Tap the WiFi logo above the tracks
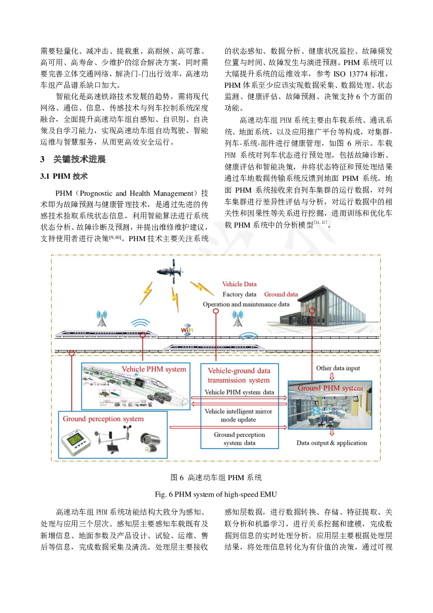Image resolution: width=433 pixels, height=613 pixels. [x=187, y=330]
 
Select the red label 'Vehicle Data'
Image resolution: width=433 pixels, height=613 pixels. [x=239, y=284]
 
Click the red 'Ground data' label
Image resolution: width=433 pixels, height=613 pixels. [x=281, y=294]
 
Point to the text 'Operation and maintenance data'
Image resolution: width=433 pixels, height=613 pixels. [x=246, y=304]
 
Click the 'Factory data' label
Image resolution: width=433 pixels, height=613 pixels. [x=239, y=294]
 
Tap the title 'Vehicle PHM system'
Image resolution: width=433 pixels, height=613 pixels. [x=154, y=369]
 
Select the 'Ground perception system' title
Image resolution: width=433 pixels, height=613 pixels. [x=103, y=419]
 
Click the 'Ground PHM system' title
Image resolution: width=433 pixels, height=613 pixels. [x=330, y=388]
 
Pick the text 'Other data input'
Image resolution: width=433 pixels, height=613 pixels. [x=338, y=368]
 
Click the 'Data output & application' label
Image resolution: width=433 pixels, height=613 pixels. [x=332, y=443]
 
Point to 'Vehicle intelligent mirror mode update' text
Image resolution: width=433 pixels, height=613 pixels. [x=238, y=416]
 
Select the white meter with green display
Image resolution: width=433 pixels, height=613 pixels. [x=77, y=441]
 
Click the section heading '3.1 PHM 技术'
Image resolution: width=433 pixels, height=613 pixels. [x=64, y=176]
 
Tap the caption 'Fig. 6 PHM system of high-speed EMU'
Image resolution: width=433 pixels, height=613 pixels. [x=216, y=494]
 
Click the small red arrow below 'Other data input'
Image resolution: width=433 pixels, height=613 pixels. [x=332, y=376]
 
